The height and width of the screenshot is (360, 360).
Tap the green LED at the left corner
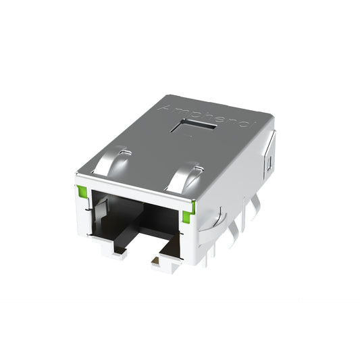click(82, 191)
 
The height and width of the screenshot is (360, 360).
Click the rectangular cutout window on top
click(193, 126)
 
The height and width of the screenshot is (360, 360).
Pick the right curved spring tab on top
click(185, 177)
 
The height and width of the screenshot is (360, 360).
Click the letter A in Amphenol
click(164, 109)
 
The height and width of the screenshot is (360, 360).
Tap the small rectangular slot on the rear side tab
click(269, 163)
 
